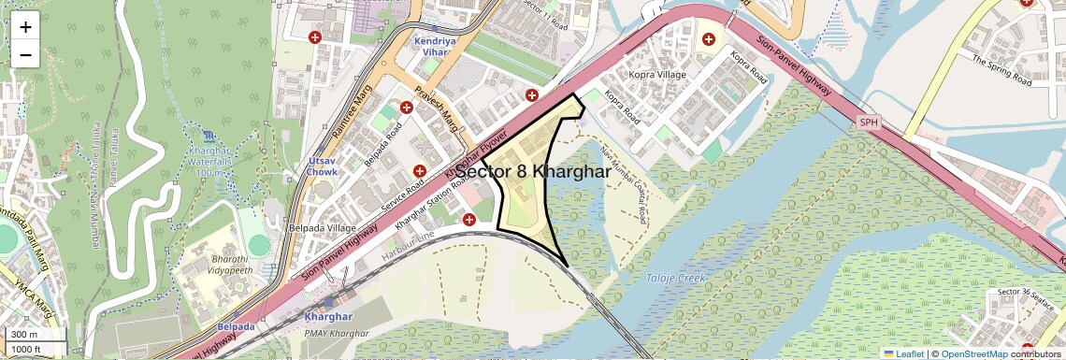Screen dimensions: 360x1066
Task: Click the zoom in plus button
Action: pos(25,27)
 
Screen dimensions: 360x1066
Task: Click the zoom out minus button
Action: pos(25,54)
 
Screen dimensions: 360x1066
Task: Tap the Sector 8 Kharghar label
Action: pos(533,172)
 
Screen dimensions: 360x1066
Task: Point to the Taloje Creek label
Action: pos(677,279)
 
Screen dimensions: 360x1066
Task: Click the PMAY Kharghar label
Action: pos(337,334)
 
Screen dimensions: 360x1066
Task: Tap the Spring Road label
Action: pos(1001,70)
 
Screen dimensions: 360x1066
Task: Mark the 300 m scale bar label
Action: pos(24,334)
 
